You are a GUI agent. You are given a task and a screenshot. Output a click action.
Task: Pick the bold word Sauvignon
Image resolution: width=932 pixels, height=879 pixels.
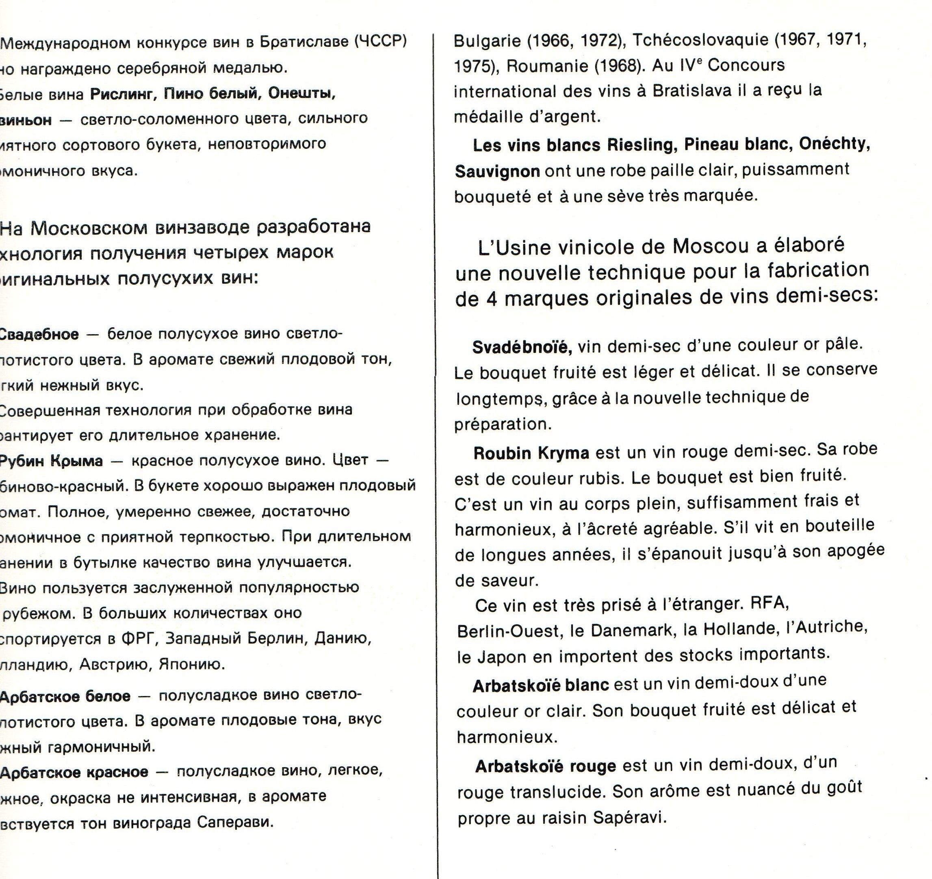(497, 172)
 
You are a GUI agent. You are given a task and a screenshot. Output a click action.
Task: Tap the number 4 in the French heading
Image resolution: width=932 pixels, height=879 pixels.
(491, 299)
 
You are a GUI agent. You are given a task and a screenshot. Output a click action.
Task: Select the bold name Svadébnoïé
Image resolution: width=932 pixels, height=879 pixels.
(522, 347)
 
